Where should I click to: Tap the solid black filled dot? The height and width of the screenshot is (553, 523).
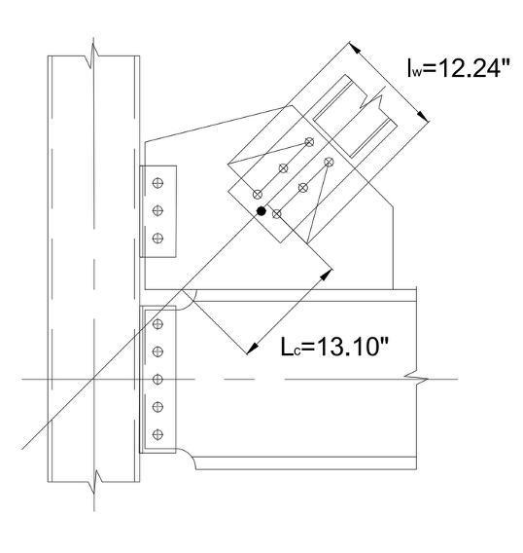tap(261, 209)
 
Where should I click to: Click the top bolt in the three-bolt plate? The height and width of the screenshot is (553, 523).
tap(158, 181)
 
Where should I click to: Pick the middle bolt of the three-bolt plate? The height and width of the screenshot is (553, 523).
tap(158, 209)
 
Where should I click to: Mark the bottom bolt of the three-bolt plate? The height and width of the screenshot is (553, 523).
tap(158, 238)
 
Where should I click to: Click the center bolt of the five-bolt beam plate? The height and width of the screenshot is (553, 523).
tap(158, 378)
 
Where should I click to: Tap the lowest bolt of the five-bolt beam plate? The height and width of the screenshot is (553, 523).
tap(158, 433)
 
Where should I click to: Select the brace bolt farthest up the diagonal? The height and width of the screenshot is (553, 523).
tap(310, 142)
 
